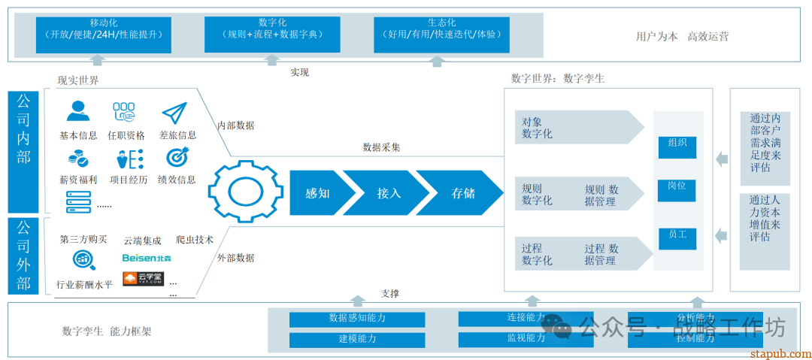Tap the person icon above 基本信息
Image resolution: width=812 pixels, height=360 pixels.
[x=77, y=112]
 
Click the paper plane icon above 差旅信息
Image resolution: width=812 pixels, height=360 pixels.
[x=174, y=113]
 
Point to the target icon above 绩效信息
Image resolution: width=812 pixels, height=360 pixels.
[x=177, y=158]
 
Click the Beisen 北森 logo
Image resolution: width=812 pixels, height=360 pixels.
[x=147, y=259]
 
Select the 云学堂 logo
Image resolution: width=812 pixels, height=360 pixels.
[x=143, y=279]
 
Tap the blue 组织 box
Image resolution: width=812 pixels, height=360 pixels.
[x=677, y=147]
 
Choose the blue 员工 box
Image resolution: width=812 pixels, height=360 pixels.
[x=677, y=238]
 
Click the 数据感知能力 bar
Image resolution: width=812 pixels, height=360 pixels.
[x=357, y=319]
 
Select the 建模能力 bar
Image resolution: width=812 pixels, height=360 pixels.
[x=357, y=340]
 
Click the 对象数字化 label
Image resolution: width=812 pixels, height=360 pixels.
[x=538, y=128]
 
